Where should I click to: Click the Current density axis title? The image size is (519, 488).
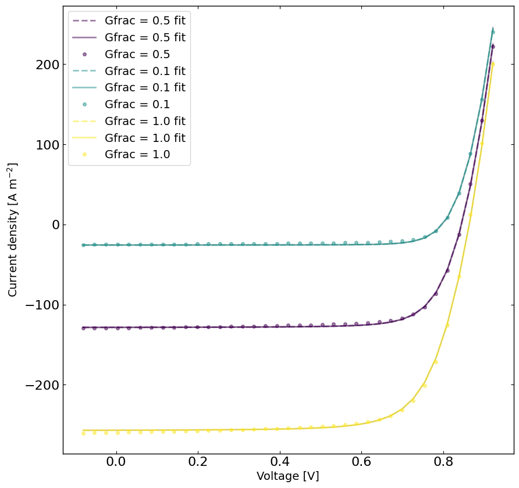pyautogui.click(x=13, y=230)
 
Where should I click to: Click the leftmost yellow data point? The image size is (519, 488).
pyautogui.click(x=83, y=433)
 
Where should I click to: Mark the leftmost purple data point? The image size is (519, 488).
pyautogui.click(x=83, y=328)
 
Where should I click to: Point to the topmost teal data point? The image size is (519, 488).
pyautogui.click(x=493, y=33)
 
